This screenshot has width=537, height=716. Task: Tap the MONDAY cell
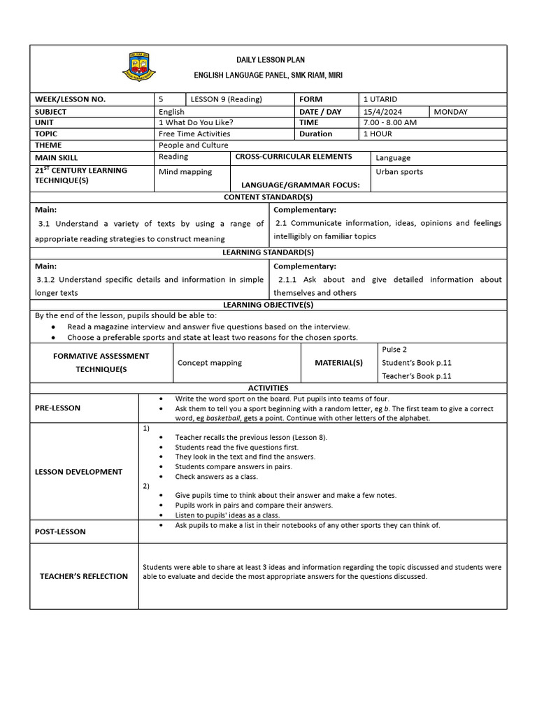[x=451, y=112]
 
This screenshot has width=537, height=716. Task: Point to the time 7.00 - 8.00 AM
[x=390, y=122]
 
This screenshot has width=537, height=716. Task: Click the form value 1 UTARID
[x=380, y=99]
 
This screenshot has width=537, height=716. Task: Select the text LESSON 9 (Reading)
[x=227, y=99]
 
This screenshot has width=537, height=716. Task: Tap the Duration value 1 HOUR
[x=378, y=134]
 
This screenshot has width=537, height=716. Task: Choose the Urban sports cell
[x=399, y=171]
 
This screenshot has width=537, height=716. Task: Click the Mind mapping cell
[x=185, y=171]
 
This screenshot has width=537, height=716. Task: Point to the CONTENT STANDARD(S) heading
[x=268, y=197]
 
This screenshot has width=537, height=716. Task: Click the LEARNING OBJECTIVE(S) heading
[x=268, y=305]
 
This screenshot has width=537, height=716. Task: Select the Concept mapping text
[x=210, y=363]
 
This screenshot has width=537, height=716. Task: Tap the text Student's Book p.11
[x=417, y=363]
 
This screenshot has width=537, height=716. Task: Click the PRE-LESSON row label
[x=57, y=408]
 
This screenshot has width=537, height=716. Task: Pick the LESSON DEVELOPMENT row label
[x=78, y=472]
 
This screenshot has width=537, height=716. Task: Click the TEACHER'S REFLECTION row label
[x=84, y=576]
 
